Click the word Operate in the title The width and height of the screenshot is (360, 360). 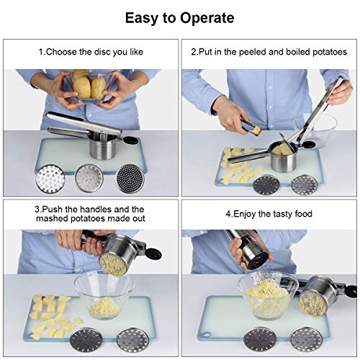(x=207, y=19)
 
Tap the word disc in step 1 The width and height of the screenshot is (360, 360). (x=102, y=52)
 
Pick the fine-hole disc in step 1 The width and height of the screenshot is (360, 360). (x=131, y=179)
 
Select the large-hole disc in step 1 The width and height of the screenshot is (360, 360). (x=50, y=179)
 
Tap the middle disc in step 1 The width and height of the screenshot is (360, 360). (x=89, y=178)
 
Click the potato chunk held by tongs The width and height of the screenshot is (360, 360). (x=257, y=131)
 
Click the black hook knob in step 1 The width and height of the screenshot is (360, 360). (x=131, y=140)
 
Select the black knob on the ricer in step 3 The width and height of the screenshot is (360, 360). (x=153, y=254)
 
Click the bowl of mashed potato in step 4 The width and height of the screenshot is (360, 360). (x=268, y=294)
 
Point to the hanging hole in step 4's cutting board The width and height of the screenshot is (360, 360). (x=207, y=335)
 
